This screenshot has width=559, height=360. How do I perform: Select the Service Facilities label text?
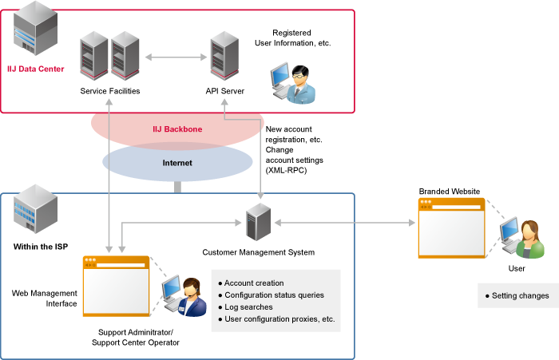click(110, 91)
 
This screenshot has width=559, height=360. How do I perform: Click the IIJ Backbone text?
click(177, 129)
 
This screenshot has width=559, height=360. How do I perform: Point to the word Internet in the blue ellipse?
click(177, 163)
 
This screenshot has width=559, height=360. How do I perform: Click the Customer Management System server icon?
click(258, 223)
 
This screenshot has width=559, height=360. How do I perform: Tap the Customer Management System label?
click(258, 252)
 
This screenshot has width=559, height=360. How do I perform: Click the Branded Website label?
click(449, 192)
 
